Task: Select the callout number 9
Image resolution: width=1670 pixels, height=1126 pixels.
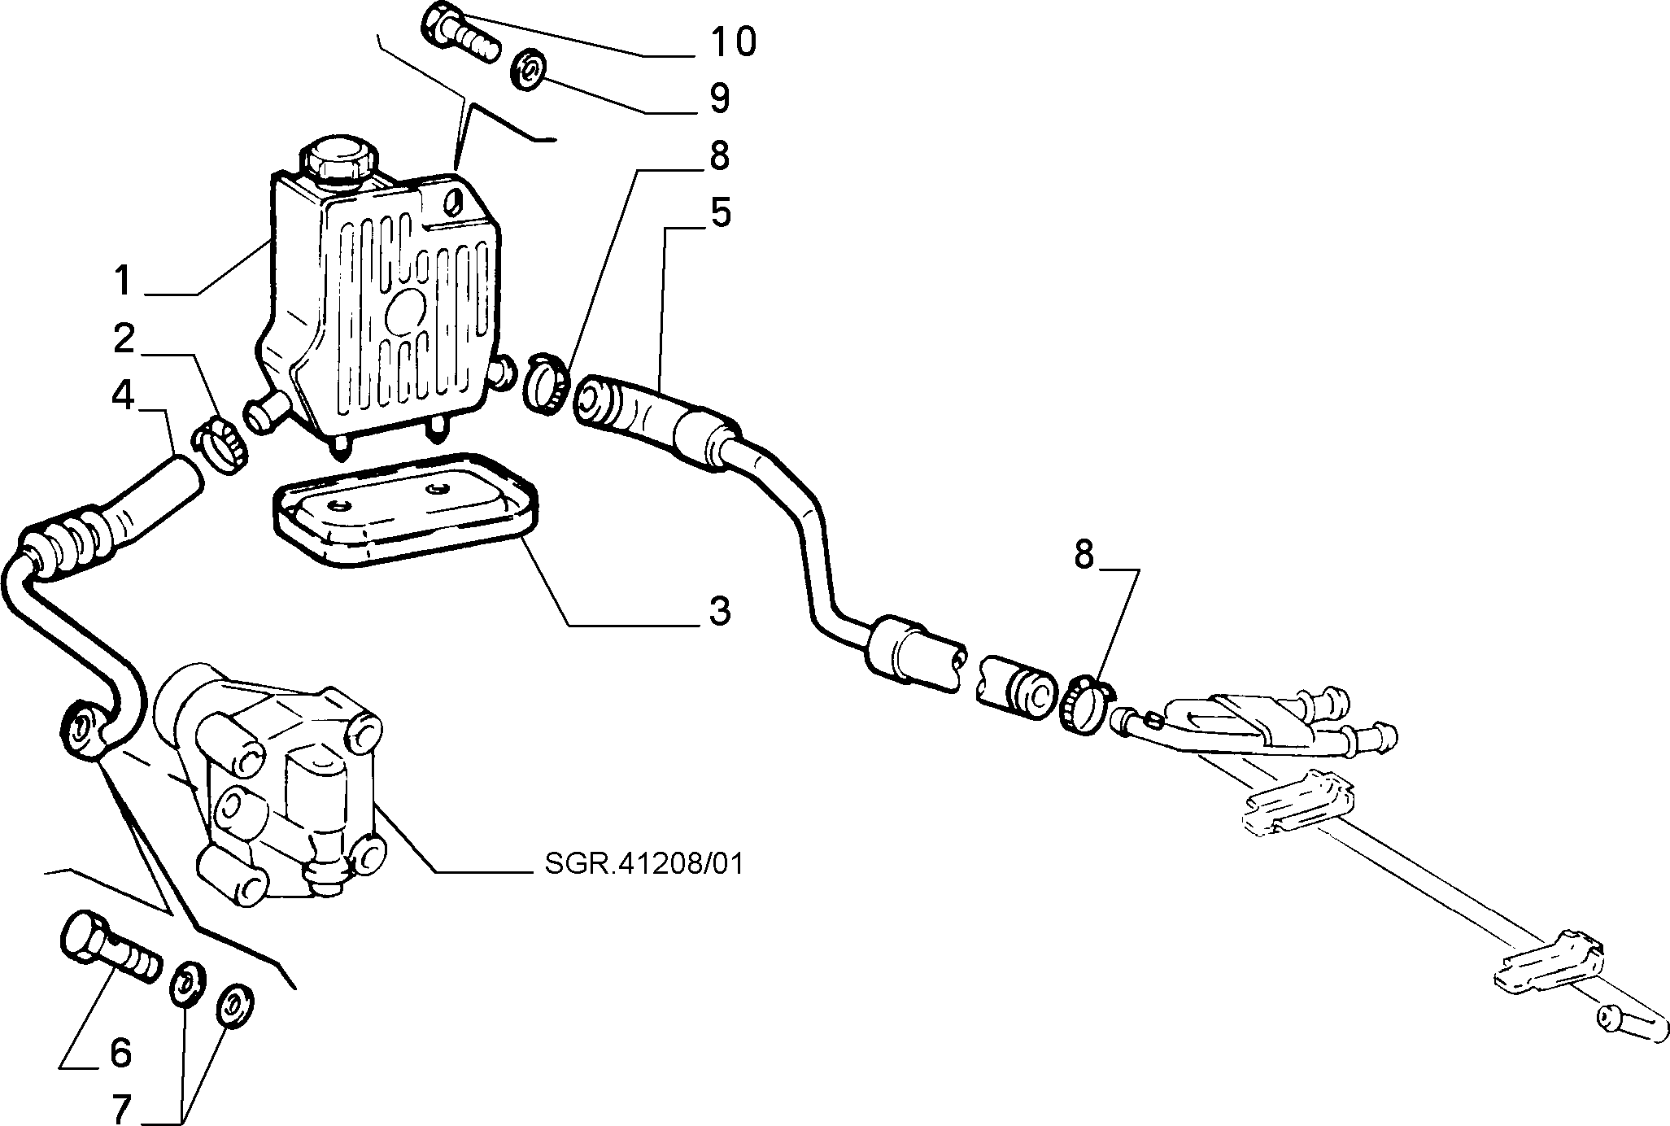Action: click(x=719, y=98)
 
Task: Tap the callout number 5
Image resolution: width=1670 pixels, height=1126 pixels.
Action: click(x=720, y=213)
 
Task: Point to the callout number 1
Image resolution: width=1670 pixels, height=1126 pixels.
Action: click(x=122, y=281)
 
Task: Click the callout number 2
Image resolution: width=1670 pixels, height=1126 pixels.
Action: click(x=124, y=338)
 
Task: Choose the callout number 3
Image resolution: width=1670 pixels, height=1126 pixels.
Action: click(x=719, y=610)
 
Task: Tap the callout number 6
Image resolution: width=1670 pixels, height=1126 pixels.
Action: click(x=120, y=1053)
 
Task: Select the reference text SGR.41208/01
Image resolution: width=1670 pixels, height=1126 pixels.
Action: click(x=644, y=863)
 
